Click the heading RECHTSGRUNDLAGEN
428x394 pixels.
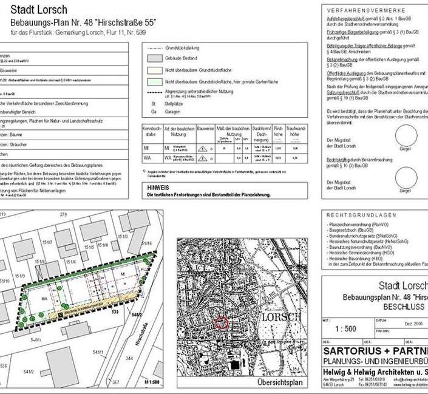[361, 215]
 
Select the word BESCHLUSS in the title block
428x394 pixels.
[403, 307]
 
